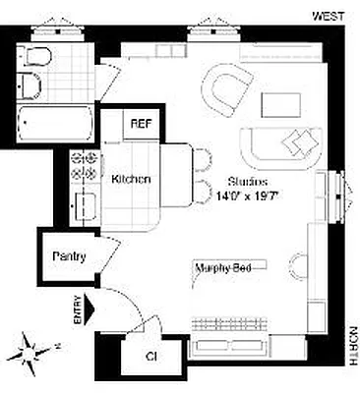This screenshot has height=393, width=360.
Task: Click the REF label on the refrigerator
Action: tap(141, 125)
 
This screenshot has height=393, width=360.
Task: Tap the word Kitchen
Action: tap(131, 180)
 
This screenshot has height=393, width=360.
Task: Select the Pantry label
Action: tap(69, 257)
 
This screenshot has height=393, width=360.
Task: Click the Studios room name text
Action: tap(247, 181)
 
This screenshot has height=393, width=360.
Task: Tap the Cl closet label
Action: tap(151, 356)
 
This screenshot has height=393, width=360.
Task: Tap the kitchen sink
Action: tap(82, 206)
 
